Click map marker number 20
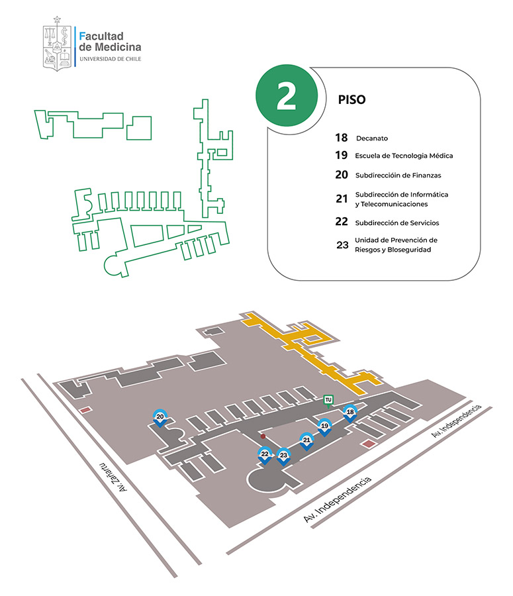tap(160, 418)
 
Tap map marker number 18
tap(350, 413)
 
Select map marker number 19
tap(324, 426)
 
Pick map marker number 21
tap(306, 440)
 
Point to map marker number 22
tap(265, 455)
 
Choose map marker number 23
tap(283, 456)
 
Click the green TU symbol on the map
tap(328, 400)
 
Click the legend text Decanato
tap(371, 138)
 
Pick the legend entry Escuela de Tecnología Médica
tap(404, 156)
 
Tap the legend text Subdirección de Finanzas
tap(398, 175)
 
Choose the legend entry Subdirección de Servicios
tap(396, 223)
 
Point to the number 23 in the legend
tap(342, 245)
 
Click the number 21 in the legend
tap(342, 199)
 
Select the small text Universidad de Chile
tap(109, 59)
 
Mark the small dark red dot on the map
tap(263, 437)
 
